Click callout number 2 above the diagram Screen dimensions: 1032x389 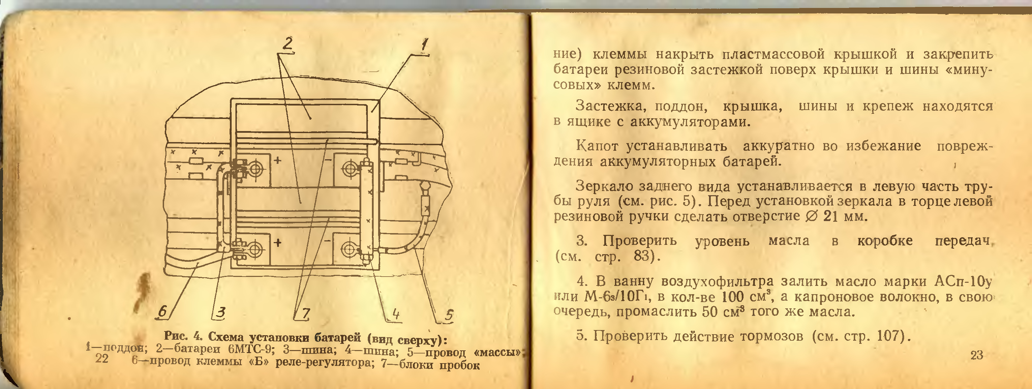288,44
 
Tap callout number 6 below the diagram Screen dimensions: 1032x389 163,312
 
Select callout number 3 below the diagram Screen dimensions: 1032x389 220,312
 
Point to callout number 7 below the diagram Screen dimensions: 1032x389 305,313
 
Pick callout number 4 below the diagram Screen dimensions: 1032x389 396,314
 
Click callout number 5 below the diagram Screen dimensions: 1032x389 449,315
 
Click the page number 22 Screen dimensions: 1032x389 102,358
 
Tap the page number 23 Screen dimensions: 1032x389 977,355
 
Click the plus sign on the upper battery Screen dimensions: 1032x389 277,161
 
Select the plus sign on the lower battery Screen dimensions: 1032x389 277,243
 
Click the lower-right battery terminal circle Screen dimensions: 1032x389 348,250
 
